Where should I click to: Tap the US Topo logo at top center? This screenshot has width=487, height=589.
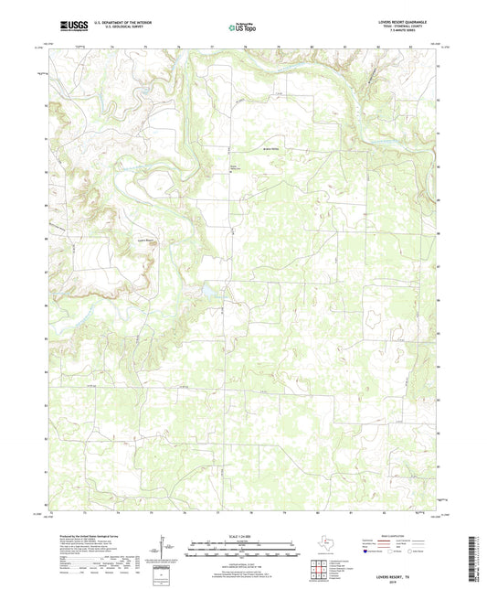click(x=240, y=27)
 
